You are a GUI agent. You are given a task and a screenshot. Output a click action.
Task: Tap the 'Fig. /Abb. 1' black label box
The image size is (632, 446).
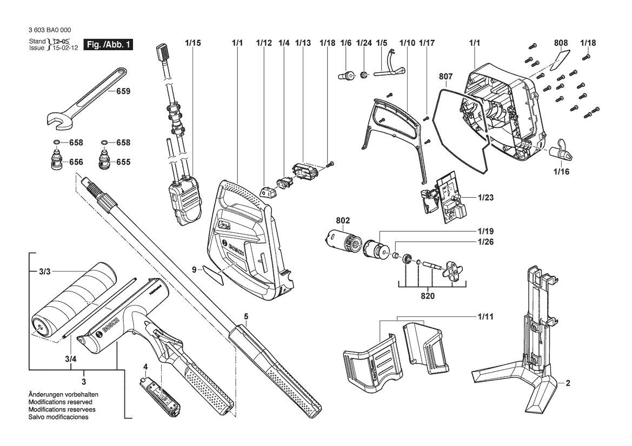click(x=108, y=44)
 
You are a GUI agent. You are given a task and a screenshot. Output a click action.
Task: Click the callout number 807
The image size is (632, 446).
click(x=446, y=76)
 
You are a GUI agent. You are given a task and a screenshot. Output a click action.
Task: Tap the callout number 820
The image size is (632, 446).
click(x=428, y=296)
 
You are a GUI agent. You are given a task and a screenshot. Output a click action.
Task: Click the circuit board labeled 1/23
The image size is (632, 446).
click(x=443, y=198)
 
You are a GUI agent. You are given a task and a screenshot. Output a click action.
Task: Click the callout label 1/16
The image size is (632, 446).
click(x=561, y=172)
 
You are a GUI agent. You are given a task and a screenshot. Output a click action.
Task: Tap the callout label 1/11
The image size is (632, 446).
click(x=485, y=316)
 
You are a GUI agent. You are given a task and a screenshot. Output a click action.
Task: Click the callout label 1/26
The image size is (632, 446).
click(x=485, y=241)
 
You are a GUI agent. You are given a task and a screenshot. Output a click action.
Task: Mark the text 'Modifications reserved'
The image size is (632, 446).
click(x=60, y=402)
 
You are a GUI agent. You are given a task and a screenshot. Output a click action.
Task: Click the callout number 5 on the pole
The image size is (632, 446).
click(x=246, y=316)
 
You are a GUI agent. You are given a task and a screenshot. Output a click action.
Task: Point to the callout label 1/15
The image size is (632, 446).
click(x=193, y=43)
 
